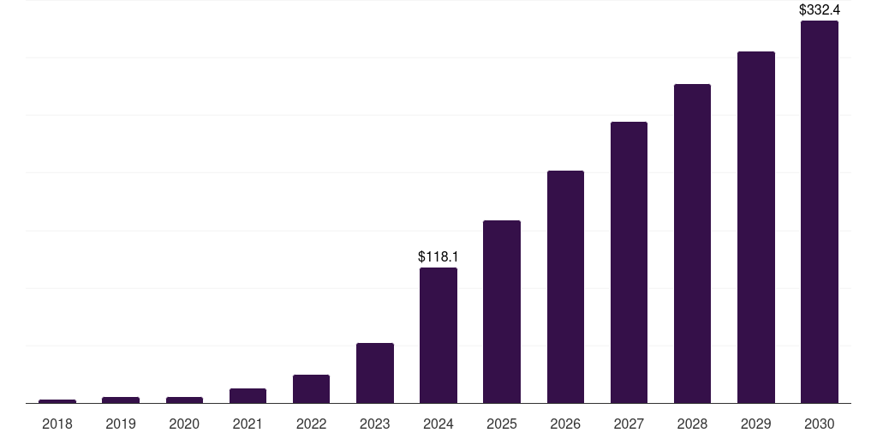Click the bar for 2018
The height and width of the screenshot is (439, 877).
click(57, 400)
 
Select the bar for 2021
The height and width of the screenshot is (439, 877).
click(248, 395)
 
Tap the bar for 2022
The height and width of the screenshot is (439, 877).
click(311, 388)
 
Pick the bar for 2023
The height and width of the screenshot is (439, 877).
click(374, 373)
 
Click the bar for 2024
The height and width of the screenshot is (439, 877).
click(438, 335)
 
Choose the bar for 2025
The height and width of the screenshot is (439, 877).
click(502, 311)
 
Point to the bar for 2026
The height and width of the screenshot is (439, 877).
click(565, 286)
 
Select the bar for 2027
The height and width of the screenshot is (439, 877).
click(629, 262)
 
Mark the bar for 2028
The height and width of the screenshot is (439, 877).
click(692, 244)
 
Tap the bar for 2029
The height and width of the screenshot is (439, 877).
click(755, 227)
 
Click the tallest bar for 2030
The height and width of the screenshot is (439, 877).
click(819, 212)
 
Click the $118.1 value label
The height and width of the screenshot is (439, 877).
click(438, 256)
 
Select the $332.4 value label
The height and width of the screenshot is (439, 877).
click(819, 10)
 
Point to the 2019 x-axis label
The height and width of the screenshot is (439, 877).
click(121, 424)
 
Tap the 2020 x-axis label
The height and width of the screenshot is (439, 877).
click(184, 424)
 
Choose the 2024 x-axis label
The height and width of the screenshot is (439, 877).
click(438, 424)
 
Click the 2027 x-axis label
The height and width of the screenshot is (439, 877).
click(629, 424)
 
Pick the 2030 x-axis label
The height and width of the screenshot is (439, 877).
click(819, 424)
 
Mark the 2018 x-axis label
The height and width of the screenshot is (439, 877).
click(57, 424)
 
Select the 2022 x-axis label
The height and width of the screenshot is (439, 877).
click(311, 424)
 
